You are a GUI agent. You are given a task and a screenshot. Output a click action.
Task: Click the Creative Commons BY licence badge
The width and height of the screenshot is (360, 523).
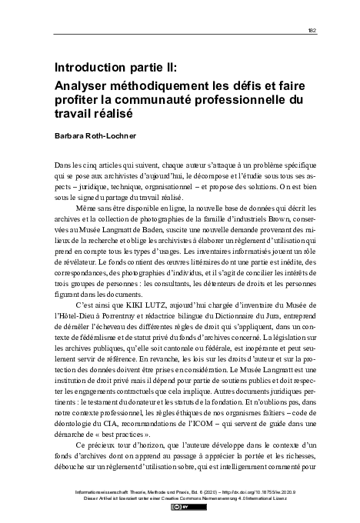click(180, 507)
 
